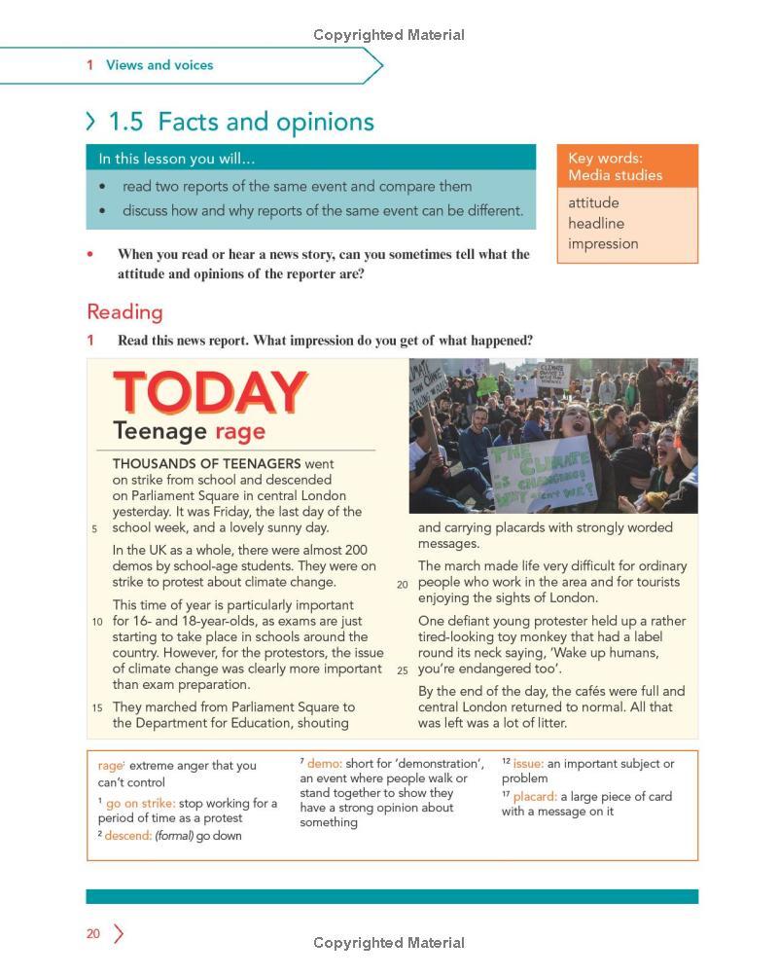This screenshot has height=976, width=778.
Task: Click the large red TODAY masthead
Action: (210, 392)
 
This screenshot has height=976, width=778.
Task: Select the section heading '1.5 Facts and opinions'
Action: (240, 122)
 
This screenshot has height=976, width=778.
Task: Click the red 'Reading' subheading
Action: (124, 311)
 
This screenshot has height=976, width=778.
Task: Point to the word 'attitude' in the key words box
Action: (593, 202)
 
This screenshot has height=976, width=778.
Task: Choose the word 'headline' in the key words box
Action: (596, 223)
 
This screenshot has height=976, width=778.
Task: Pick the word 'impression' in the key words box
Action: (603, 243)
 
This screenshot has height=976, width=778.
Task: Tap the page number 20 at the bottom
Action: (93, 933)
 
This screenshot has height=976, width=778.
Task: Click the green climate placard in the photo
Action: (542, 471)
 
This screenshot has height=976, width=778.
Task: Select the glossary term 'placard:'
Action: (535, 796)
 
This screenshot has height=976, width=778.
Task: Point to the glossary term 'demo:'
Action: (325, 763)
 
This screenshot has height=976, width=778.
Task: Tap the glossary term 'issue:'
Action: (528, 763)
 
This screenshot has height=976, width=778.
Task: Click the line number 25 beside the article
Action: (402, 669)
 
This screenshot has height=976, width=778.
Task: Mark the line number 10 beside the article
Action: (97, 621)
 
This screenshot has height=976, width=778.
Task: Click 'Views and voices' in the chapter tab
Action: (159, 65)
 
